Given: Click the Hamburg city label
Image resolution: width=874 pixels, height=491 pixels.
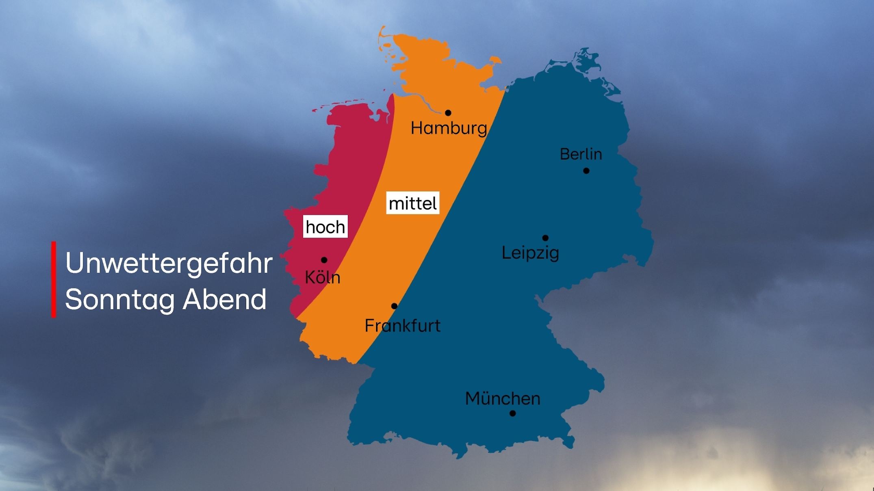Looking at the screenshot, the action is (449, 128).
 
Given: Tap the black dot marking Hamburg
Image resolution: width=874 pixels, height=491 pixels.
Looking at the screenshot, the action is (448, 113).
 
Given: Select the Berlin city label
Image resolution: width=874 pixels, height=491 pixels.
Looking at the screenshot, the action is (581, 154).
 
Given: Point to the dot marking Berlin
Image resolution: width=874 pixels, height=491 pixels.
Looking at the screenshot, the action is (586, 171).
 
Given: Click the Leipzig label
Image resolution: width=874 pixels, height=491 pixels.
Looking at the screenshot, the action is (530, 253).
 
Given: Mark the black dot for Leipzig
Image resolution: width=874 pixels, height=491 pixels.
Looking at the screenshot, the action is (545, 238).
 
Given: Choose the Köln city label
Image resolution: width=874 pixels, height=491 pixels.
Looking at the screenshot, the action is (322, 278).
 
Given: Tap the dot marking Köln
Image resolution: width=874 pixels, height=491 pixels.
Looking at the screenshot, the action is (324, 260).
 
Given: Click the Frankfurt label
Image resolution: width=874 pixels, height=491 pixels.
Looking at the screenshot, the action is (402, 326).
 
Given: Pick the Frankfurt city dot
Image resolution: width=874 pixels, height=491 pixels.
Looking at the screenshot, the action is (394, 306).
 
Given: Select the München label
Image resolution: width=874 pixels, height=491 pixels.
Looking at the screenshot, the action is (503, 399).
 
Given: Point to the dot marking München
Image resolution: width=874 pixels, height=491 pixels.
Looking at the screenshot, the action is (512, 413).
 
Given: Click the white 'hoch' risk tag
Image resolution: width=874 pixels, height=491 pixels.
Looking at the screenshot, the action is (325, 227).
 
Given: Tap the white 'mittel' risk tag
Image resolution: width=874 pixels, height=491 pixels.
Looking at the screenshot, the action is (412, 203).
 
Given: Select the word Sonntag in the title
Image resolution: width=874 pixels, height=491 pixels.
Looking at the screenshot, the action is (120, 300).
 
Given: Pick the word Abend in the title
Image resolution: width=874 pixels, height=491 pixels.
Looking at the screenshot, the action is (224, 300).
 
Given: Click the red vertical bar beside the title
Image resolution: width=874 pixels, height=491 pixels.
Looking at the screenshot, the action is (54, 279).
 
